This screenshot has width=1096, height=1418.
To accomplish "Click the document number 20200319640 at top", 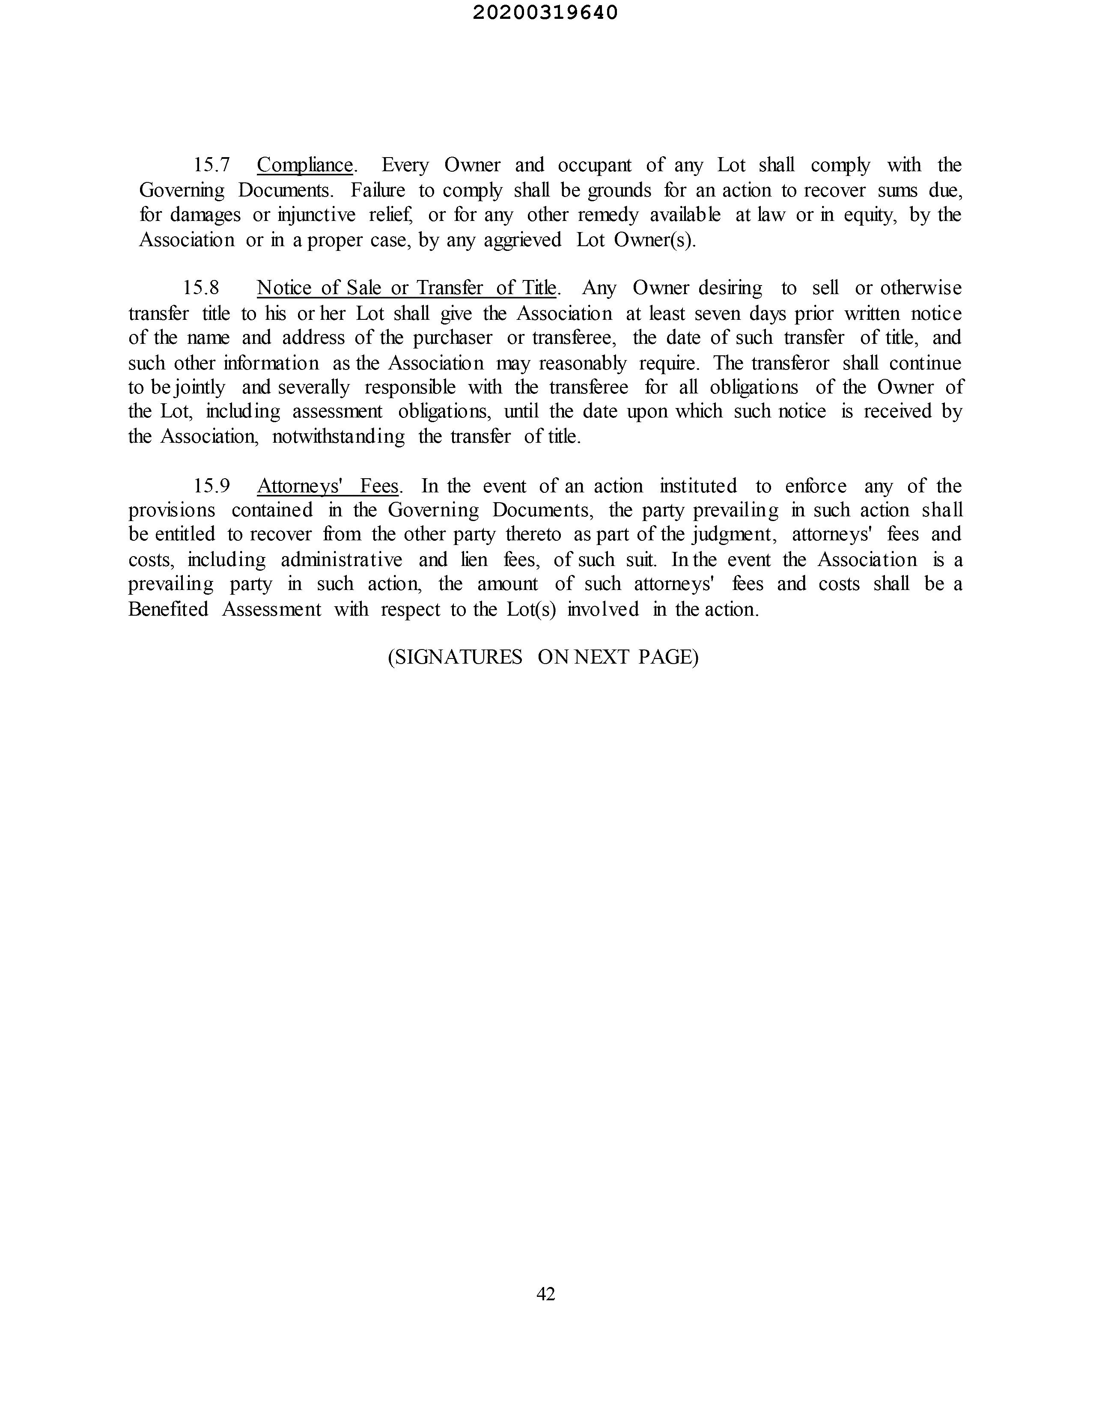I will [545, 13].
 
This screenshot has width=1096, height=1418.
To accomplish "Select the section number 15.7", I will [211, 165].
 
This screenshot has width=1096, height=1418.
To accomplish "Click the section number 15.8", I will [201, 288].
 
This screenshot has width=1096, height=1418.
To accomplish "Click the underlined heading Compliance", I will [304, 165].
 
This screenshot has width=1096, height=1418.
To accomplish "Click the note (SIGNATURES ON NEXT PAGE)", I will [543, 657].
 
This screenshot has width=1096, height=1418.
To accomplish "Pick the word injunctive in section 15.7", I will [316, 215].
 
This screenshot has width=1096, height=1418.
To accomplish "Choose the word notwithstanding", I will [338, 436].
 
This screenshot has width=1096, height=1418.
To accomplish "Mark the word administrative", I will [342, 560].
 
